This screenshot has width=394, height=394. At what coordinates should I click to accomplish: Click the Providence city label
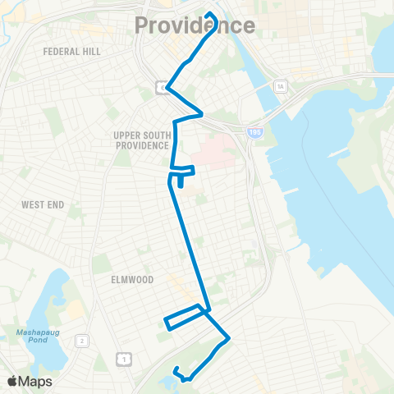(x=195, y=25)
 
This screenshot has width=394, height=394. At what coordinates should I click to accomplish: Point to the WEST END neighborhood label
(x=43, y=204)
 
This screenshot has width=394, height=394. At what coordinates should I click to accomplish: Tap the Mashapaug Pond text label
(x=32, y=337)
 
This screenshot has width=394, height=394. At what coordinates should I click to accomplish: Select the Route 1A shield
(x=281, y=85)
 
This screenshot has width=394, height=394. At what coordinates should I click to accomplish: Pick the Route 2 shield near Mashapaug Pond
(x=82, y=340)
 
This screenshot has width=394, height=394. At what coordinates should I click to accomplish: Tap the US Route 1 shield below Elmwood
(x=123, y=358)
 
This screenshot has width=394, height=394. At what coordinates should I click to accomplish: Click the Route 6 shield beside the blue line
(x=163, y=87)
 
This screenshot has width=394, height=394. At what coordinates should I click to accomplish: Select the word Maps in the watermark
(x=36, y=381)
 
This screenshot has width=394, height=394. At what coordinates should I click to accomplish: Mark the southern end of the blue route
(x=187, y=380)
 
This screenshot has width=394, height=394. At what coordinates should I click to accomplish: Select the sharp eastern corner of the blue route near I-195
(x=202, y=114)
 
